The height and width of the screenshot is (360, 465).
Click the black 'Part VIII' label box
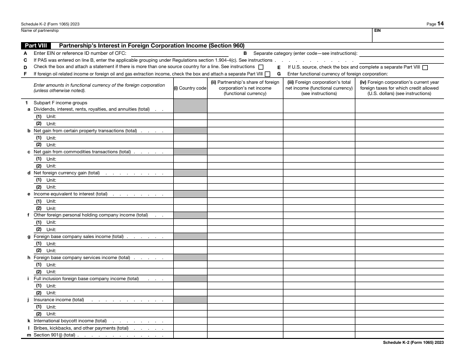pyautogui.click(x=37, y=46)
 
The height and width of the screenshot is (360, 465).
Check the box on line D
pyautogui.click(x=260, y=67)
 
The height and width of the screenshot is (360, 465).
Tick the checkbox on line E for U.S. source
pyautogui.click(x=425, y=67)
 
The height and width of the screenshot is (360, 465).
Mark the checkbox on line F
pyautogui.click(x=267, y=74)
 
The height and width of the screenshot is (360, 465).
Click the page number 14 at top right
pyautogui.click(x=441, y=23)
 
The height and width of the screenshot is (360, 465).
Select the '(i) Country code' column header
pyautogui.click(x=190, y=88)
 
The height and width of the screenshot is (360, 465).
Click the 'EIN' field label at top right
pyautogui.click(x=377, y=30)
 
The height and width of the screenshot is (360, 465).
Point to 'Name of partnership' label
pyautogui.click(x=40, y=30)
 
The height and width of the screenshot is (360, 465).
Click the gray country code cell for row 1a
pyautogui.click(x=190, y=110)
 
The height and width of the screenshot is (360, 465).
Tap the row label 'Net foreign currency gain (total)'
pyautogui.click(x=67, y=173)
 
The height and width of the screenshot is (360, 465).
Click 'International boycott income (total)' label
pyautogui.click(x=70, y=321)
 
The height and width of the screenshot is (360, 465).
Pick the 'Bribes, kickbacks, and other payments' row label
pyautogui.click(x=81, y=328)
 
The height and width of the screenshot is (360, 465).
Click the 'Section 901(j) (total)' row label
pyautogui.click(x=54, y=335)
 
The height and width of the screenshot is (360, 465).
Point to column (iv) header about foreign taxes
pyautogui.click(x=399, y=88)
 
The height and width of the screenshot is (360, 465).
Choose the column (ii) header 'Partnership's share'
pyautogui.click(x=245, y=88)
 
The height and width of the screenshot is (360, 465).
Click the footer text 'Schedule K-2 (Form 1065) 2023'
pyautogui.click(x=413, y=343)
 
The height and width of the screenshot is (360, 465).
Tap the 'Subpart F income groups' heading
pyautogui.click(x=60, y=103)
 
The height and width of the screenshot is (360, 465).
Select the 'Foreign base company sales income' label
pyautogui.click(x=78, y=237)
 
